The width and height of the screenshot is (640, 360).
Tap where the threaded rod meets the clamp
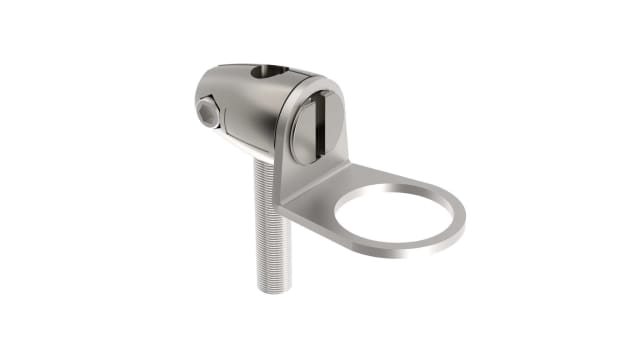[x=264, y=160]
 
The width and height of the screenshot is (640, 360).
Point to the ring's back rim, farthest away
[x=400, y=181]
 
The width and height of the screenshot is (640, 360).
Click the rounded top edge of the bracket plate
[x=318, y=82]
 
